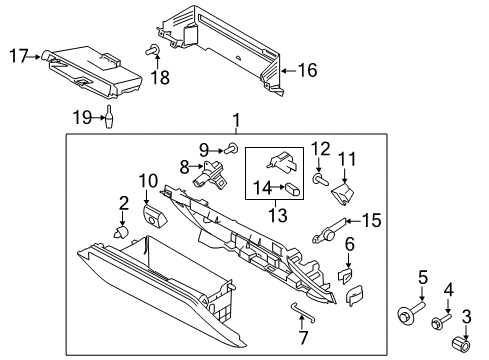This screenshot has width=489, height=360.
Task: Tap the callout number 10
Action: (x=148, y=180)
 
